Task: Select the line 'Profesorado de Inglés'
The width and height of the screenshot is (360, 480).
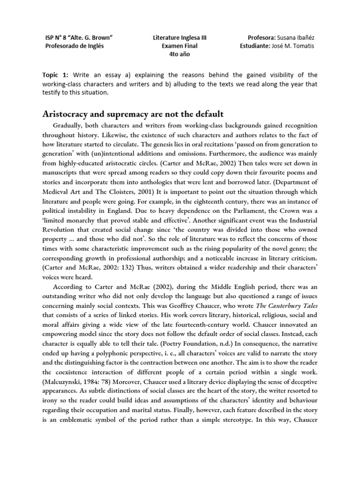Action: coord(74,45)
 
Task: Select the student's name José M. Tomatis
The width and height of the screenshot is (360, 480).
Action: coord(295,45)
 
